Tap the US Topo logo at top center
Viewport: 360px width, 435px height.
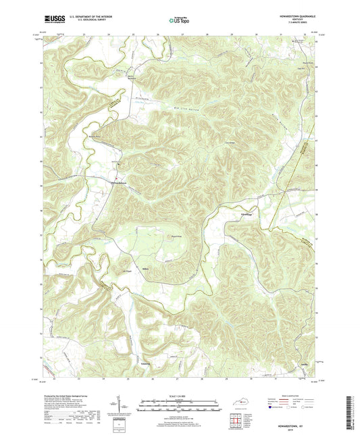click(x=179, y=21)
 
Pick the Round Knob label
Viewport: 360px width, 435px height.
click(x=176, y=236)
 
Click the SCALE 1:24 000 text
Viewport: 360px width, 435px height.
click(x=180, y=396)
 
